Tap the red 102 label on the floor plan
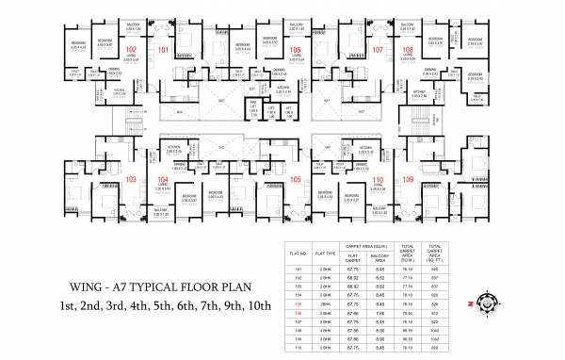click(x=131, y=49)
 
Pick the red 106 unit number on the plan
click(x=295, y=49)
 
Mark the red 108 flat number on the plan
click(x=408, y=49)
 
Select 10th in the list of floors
click(x=257, y=305)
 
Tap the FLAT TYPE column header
click(x=327, y=252)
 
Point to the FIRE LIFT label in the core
click(x=253, y=108)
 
